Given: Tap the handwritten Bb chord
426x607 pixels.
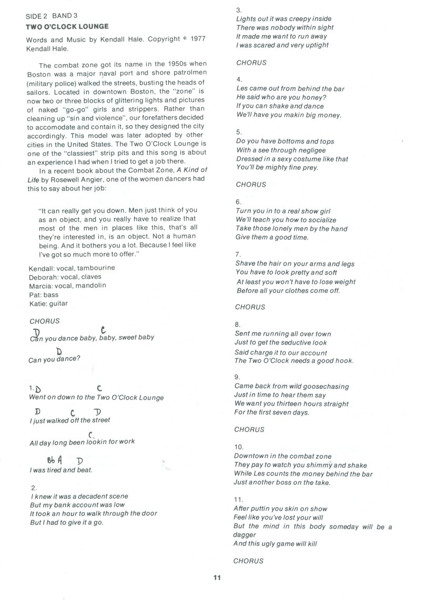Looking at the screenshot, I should [x=50, y=460].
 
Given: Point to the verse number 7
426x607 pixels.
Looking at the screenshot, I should [x=238, y=255].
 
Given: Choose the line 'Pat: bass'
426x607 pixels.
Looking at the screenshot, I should [x=44, y=295].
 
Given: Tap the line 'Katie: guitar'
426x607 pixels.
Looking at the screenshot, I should [x=49, y=303].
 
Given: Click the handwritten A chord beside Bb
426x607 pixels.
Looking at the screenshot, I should [x=61, y=459].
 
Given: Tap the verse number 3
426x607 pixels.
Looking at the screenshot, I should [x=238, y=10].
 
